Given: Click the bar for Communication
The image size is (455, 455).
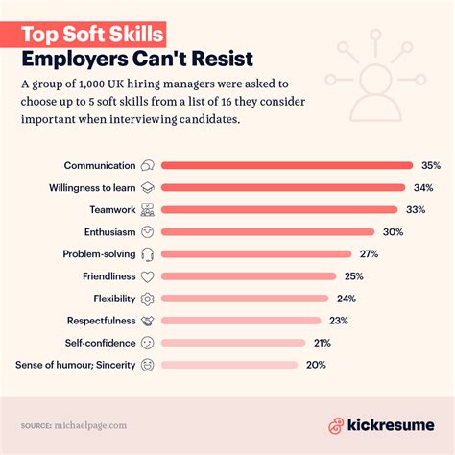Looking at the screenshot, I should (286, 165).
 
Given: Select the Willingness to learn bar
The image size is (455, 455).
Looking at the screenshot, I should (283, 187).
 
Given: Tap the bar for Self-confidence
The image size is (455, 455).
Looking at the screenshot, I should (233, 343).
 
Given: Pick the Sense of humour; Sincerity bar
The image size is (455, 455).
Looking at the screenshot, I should (229, 365).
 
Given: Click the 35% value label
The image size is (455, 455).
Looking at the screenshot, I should (430, 165).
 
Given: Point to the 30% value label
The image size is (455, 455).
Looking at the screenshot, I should (392, 231).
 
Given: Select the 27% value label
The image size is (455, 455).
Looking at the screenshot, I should (369, 253).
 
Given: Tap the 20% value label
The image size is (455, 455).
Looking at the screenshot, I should (316, 365).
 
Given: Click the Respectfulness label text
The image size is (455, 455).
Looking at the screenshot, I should (101, 321).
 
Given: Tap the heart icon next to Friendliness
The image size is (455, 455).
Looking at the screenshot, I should (148, 275).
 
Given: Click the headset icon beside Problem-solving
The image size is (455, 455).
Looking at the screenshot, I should (148, 253).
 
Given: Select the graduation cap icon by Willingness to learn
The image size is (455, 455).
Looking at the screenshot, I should (148, 187).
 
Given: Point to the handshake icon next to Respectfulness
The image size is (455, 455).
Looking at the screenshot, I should (148, 321).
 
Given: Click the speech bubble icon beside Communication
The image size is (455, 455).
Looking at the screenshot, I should (148, 165).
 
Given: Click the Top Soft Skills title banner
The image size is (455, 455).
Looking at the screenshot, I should (93, 35).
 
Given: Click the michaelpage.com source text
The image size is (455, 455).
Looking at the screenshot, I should (94, 424).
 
